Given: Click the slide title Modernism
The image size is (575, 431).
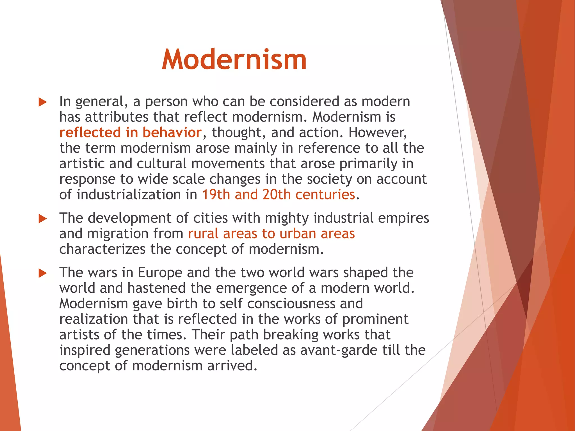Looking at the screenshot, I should [234, 59].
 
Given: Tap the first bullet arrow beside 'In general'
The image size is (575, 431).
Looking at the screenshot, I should [43, 102].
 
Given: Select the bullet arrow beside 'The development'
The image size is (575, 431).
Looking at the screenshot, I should [43, 219].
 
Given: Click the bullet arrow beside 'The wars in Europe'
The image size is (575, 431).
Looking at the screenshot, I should [43, 273].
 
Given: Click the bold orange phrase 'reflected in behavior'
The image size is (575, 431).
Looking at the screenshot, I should [131, 132].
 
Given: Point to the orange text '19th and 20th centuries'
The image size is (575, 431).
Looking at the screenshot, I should [279, 194].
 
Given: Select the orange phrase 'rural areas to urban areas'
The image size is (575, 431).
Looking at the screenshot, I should [271, 233].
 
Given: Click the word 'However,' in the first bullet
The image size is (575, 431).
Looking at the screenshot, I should [378, 132].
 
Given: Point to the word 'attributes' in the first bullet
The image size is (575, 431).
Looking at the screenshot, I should [117, 117].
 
